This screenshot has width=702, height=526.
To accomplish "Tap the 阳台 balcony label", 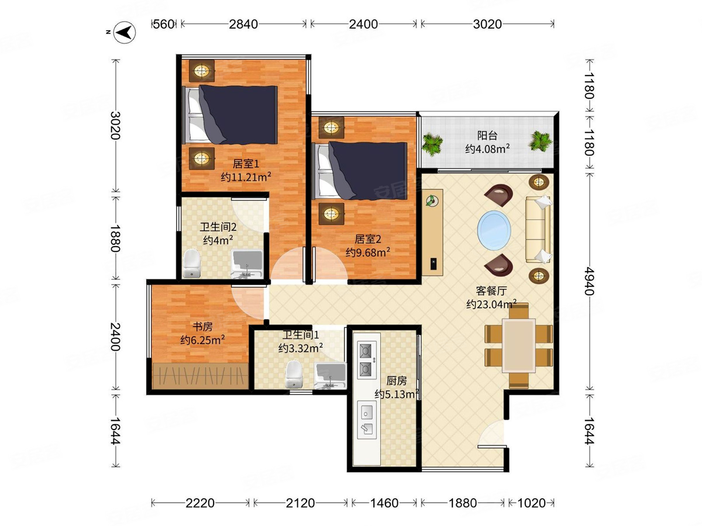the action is pos(487,136).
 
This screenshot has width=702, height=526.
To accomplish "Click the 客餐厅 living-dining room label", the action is pos(491,291).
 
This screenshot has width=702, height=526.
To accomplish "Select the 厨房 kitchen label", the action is pos(397,380).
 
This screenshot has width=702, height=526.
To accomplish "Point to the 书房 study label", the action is pos(202,327).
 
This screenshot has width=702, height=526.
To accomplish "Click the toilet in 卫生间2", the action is pos(191,264).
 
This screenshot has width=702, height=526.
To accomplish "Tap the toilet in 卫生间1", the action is pos(294,374).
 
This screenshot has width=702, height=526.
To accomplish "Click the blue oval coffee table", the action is pos(494,230).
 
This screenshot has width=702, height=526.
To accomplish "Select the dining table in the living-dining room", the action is pos(518,345).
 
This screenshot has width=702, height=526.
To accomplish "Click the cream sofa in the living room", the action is pos(538,230).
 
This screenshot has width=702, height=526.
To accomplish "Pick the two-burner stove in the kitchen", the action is pos(367,360).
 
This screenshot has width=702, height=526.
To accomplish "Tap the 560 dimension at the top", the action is pos(163,24).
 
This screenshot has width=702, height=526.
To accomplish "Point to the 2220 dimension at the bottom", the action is pos(200,503).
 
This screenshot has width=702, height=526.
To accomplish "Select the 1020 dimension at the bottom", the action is pos(532,503).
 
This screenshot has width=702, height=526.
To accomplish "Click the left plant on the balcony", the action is pos(433,144).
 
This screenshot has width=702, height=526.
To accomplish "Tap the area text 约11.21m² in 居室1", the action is pos(246,177).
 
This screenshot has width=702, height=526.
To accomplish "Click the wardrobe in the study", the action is pos(201,376).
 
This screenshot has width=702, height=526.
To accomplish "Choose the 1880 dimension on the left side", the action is pos(115,238).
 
